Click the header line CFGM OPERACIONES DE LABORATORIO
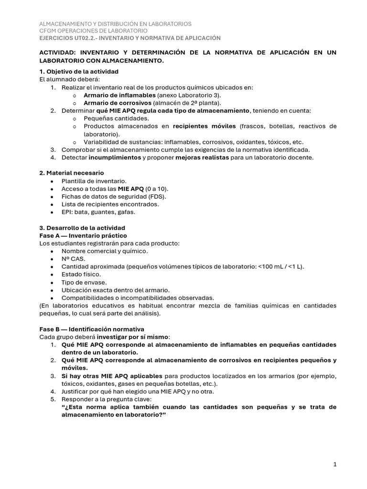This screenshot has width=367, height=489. [93, 31]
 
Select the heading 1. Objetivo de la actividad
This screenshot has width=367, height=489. [79, 71]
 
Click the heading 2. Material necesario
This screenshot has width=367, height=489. [71, 172]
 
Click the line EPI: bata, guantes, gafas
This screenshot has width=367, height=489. [98, 212]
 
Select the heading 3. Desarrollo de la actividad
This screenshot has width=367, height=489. [82, 228]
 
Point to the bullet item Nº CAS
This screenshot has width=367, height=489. [73, 258]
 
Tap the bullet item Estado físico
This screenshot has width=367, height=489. [81, 274]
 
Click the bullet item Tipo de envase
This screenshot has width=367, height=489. [84, 282]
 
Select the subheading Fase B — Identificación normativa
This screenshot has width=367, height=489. [91, 329]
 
